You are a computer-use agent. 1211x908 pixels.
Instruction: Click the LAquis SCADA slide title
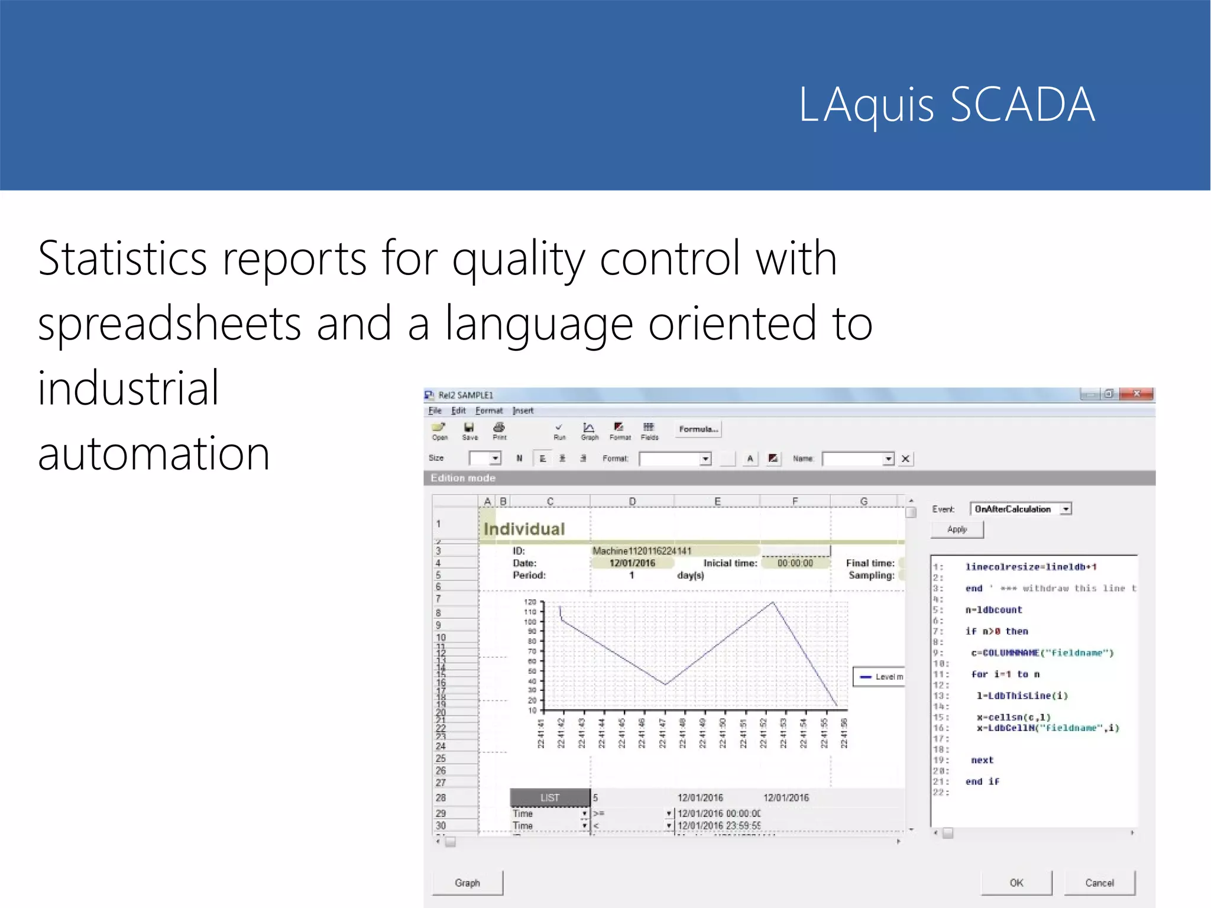point(946,105)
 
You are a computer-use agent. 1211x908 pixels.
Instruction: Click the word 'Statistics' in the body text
point(122,258)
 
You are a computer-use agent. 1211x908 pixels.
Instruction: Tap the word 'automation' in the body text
point(154,453)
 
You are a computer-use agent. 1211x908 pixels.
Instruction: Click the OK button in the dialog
point(1016,883)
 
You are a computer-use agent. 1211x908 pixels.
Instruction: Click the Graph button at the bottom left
point(467,883)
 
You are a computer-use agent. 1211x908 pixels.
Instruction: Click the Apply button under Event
point(957,529)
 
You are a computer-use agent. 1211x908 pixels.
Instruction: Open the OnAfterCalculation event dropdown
point(1065,509)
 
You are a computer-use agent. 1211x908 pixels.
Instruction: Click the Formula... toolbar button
point(698,429)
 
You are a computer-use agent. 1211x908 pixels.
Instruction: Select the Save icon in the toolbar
point(469,431)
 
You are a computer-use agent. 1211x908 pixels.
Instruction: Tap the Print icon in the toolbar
point(499,431)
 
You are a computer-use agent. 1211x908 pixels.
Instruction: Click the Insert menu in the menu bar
point(523,411)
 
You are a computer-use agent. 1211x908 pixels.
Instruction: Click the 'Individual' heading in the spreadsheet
point(524,529)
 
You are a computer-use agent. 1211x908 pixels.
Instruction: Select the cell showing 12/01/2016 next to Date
point(632,563)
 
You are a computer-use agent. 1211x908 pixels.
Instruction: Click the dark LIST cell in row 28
point(549,797)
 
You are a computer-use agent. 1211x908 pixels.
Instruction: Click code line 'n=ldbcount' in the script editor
point(993,610)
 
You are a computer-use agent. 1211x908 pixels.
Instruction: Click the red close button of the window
point(1136,394)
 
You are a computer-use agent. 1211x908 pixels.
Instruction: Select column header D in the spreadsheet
point(632,501)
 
